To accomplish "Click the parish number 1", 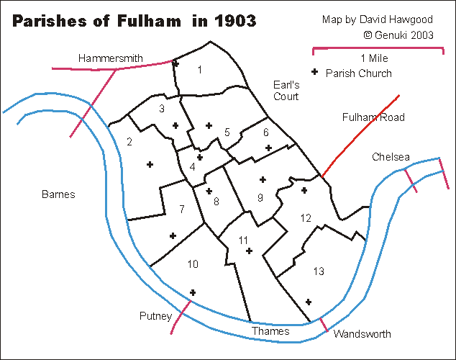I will point(199,69).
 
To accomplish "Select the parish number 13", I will point(319,271).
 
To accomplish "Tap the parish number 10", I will point(193,264).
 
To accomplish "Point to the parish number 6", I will point(265,132).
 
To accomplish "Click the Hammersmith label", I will point(110,58).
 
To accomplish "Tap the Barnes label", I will point(58,194).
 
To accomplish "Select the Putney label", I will point(156,316).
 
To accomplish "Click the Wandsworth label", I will point(362,333).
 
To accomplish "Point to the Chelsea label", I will point(391,157).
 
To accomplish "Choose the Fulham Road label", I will point(373,117).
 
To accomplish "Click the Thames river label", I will point(270,331).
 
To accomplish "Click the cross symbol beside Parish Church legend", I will point(314,73).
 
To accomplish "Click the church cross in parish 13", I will point(309,302).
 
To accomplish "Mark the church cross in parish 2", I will point(150,165).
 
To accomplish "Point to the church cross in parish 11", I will point(249,251).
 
